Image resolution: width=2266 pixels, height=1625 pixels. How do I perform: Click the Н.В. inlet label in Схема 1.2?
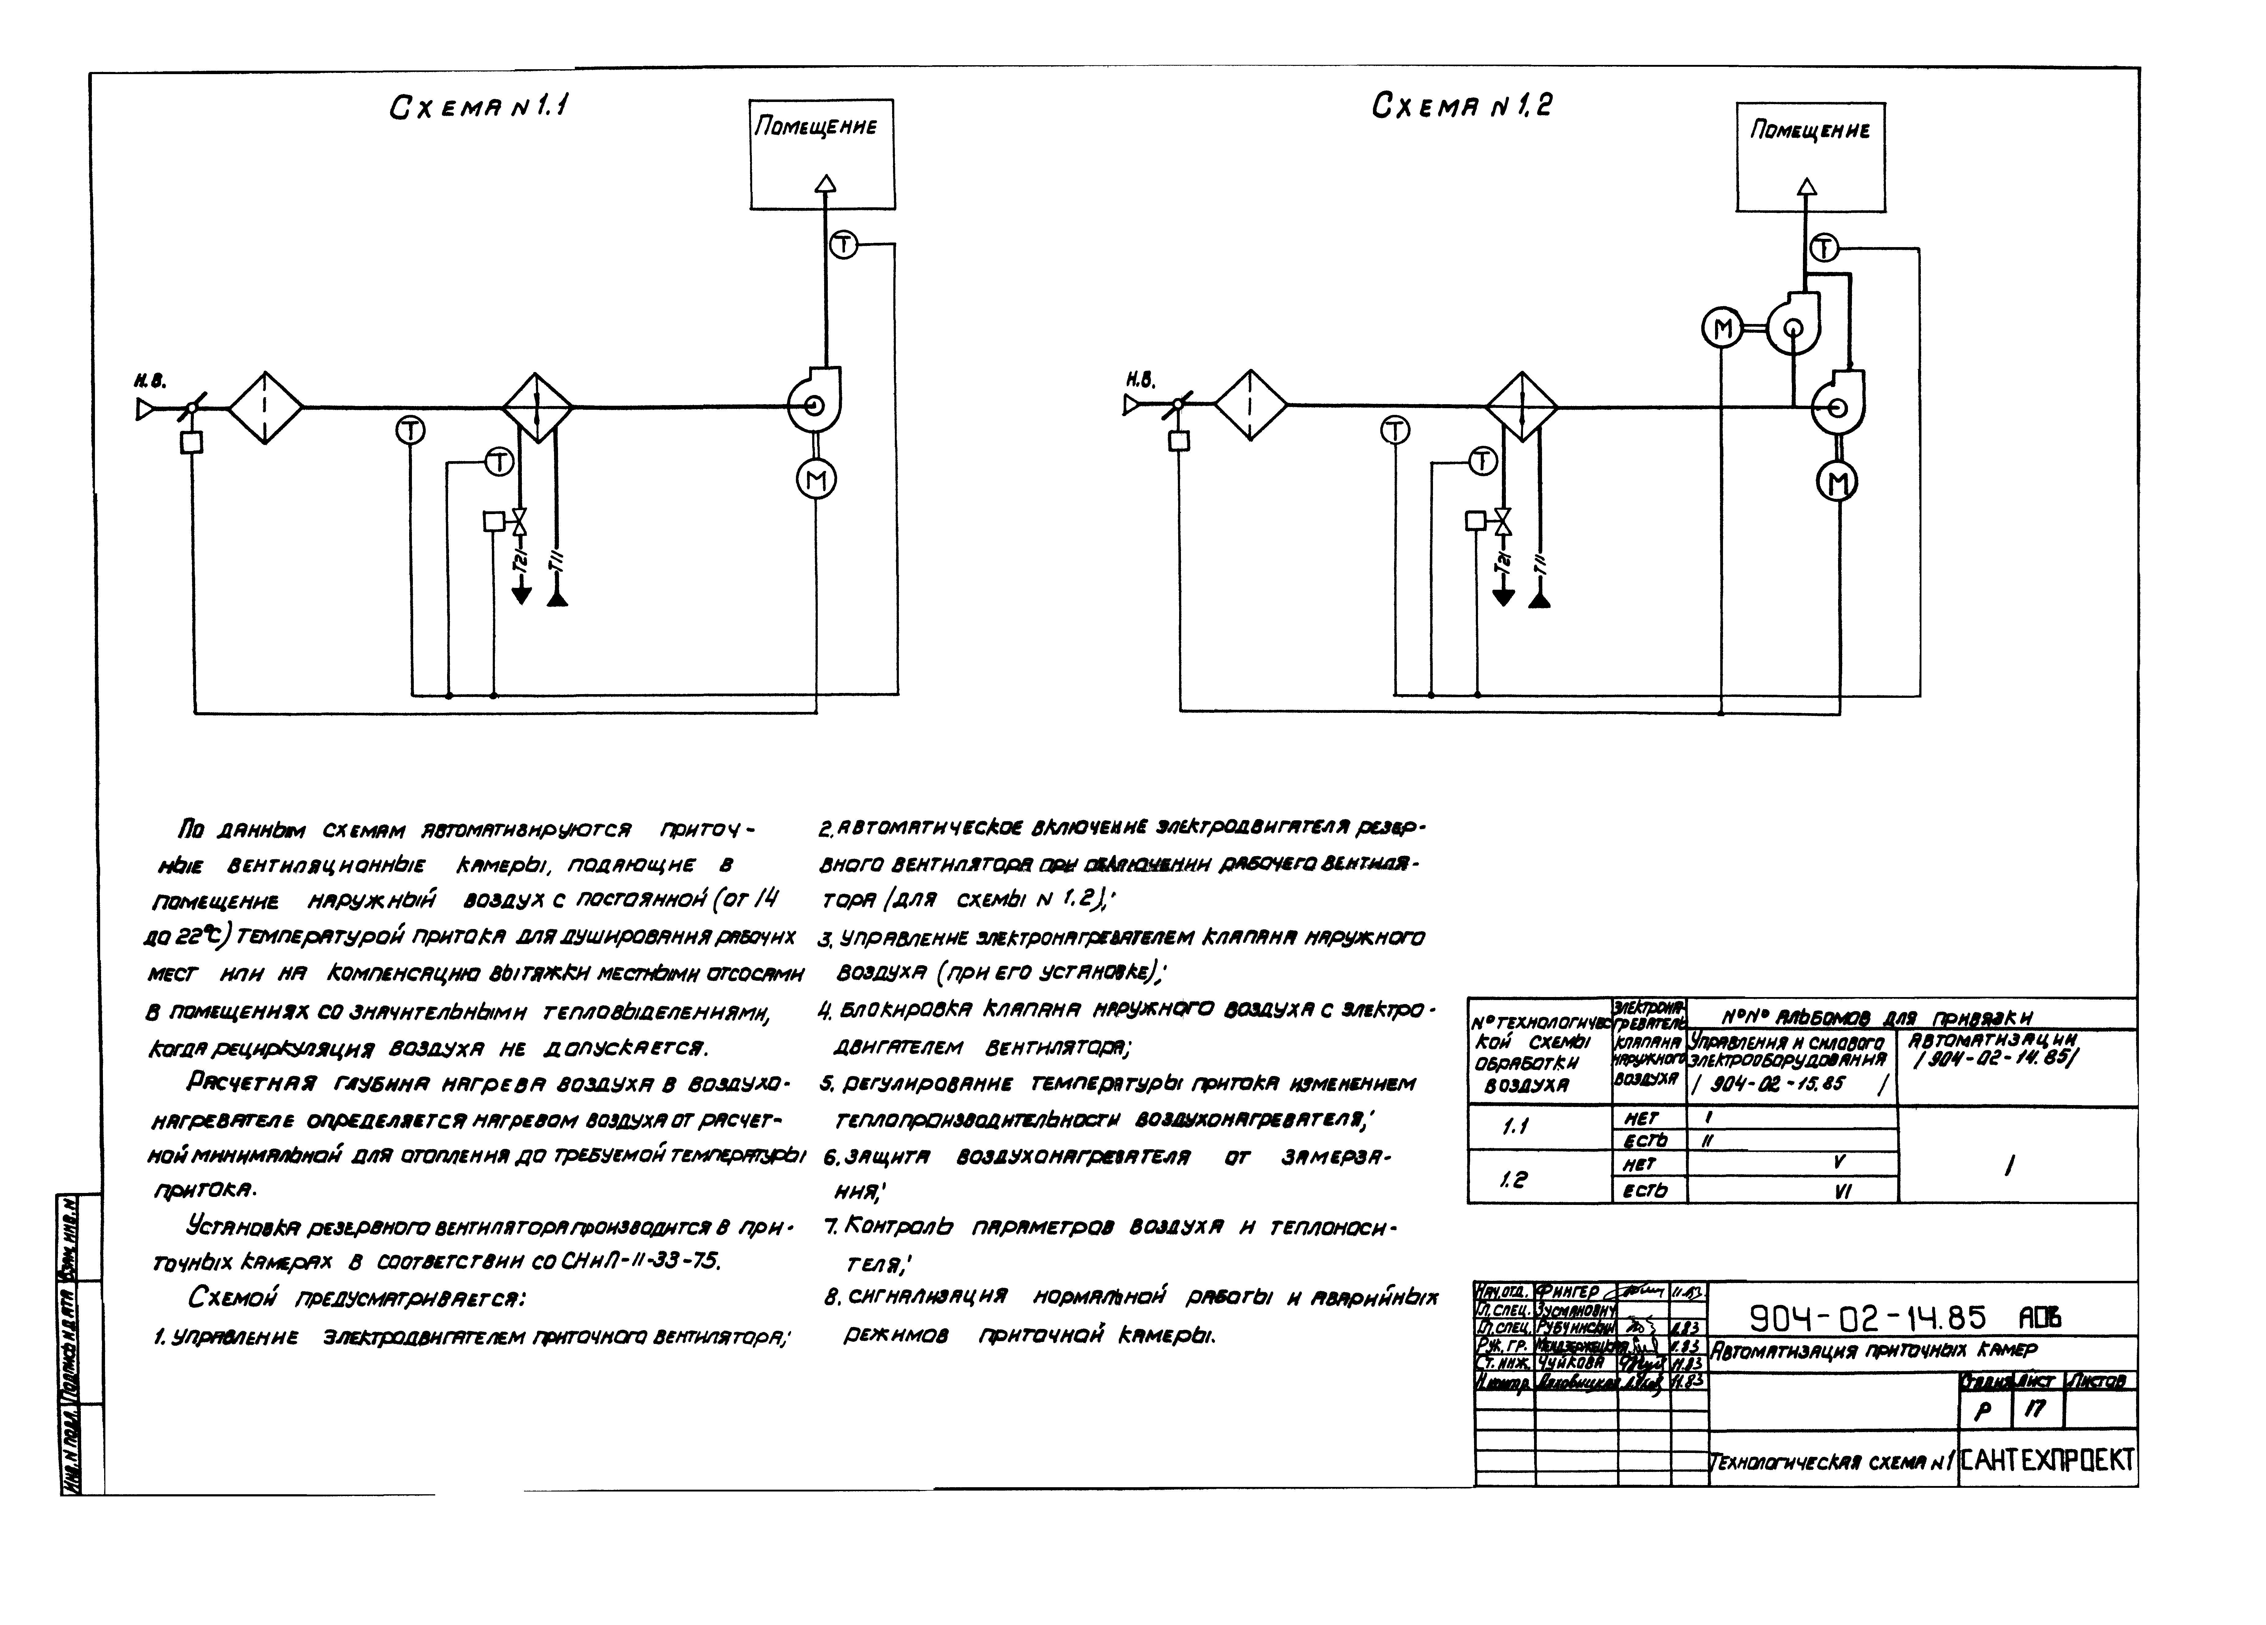tap(1140, 379)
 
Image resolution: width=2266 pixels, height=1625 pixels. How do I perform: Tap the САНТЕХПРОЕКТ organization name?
tap(2047, 1460)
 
